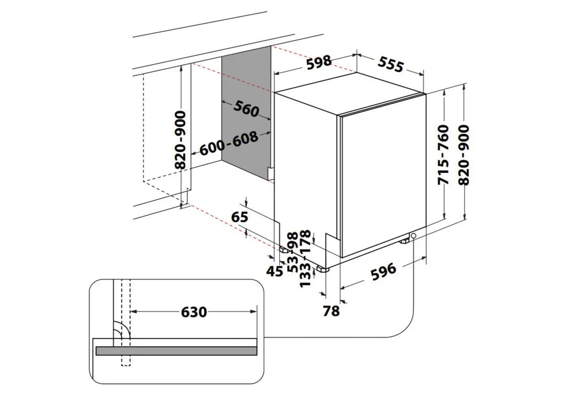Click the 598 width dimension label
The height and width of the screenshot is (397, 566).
click(x=319, y=62)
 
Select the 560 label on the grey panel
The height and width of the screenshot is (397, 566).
click(x=246, y=110)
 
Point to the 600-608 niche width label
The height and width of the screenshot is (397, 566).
click(x=229, y=144)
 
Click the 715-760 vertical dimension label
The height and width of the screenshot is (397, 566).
click(x=443, y=155)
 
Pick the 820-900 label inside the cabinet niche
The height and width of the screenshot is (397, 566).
click(x=180, y=140)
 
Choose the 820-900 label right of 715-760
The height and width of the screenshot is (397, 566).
click(x=464, y=155)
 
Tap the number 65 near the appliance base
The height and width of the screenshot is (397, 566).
click(x=240, y=218)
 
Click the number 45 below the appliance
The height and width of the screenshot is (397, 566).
click(x=274, y=271)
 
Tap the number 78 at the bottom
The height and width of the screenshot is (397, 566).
click(x=332, y=311)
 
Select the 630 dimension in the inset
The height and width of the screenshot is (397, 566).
click(x=193, y=312)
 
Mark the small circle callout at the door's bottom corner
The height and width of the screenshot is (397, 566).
click(x=414, y=236)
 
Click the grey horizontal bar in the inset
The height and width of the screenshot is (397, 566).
click(x=176, y=351)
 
